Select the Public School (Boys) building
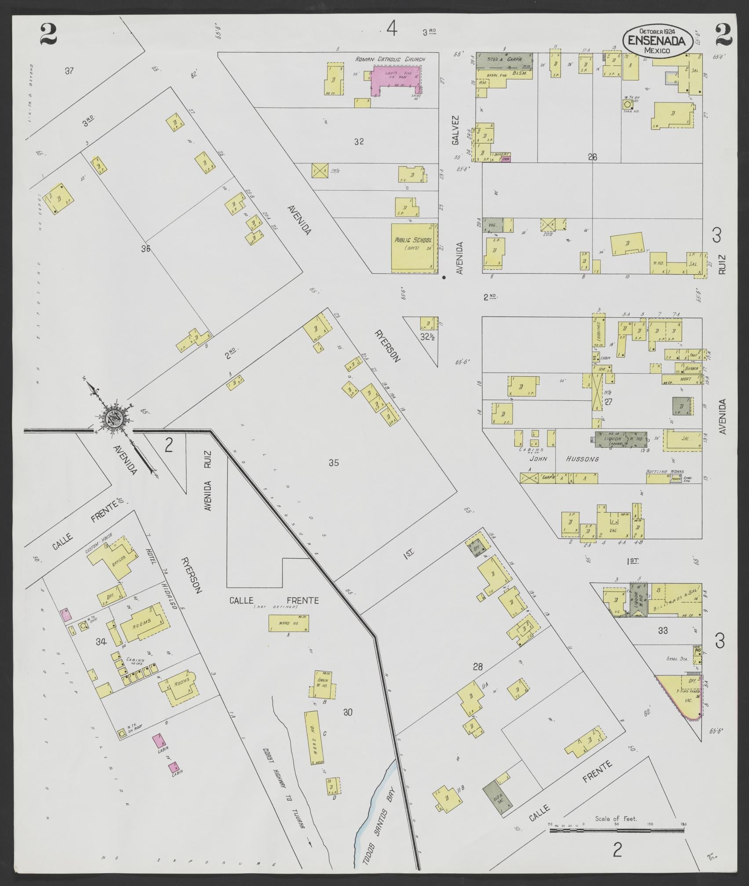[413, 247]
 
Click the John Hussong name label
[556, 459]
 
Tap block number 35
[334, 462]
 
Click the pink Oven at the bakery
[505, 160]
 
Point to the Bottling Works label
[664, 472]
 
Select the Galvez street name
[455, 130]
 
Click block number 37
[69, 71]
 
